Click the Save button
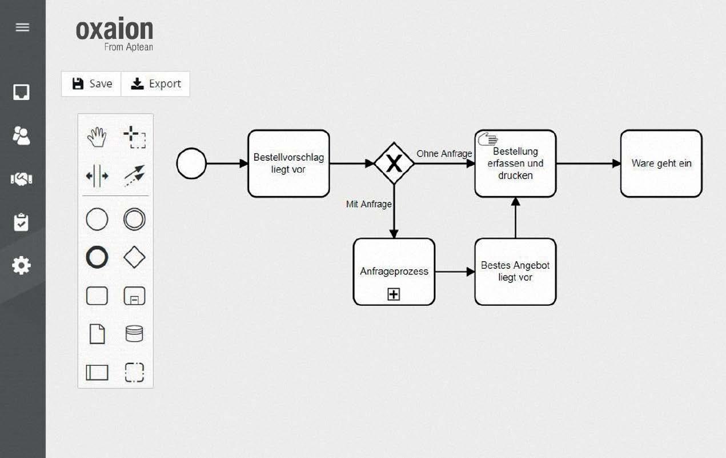coord(91,84)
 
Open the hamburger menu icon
coord(22,27)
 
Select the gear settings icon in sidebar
coord(22,265)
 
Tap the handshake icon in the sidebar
coord(22,179)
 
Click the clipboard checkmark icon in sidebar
coord(22,222)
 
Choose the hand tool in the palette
coord(97,137)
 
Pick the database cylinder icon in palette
coord(134,334)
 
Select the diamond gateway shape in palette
coord(134,258)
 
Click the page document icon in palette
coord(97,334)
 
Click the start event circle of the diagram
coord(191,164)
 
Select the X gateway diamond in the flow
coord(394,164)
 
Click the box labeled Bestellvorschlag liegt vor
coord(288,164)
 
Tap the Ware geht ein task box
coord(661,164)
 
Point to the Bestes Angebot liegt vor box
coord(515,272)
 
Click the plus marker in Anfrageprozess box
coord(394,294)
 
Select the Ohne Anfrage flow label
coord(444,153)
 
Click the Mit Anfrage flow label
coord(368,204)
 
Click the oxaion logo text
coord(114,30)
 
